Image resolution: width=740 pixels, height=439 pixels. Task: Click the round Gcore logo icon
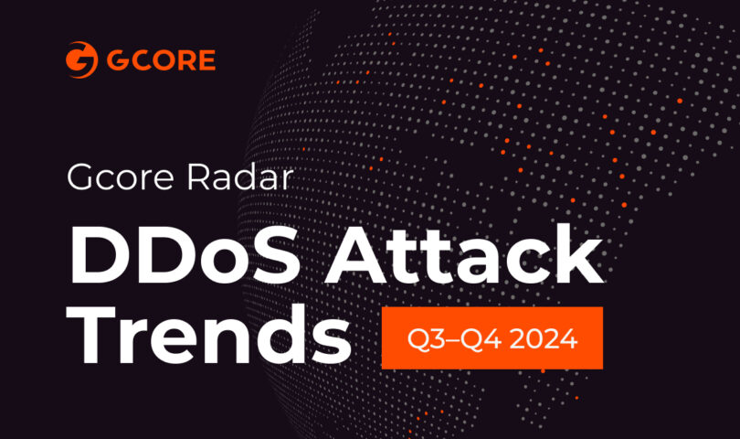81,60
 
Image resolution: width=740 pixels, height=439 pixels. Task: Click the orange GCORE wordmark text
161,60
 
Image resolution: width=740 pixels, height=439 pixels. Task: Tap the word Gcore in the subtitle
121,177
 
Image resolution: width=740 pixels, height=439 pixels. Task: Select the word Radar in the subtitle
239,177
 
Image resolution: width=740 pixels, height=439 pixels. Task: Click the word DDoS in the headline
185,256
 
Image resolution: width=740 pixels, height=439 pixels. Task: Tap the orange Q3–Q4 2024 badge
492,337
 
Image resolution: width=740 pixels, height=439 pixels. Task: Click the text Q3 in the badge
420,338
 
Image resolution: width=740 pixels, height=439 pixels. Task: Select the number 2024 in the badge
544,338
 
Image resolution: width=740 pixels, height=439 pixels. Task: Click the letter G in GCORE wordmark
117,60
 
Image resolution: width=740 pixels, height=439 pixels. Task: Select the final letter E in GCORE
206,60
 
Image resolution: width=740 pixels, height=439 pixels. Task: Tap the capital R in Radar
197,177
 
